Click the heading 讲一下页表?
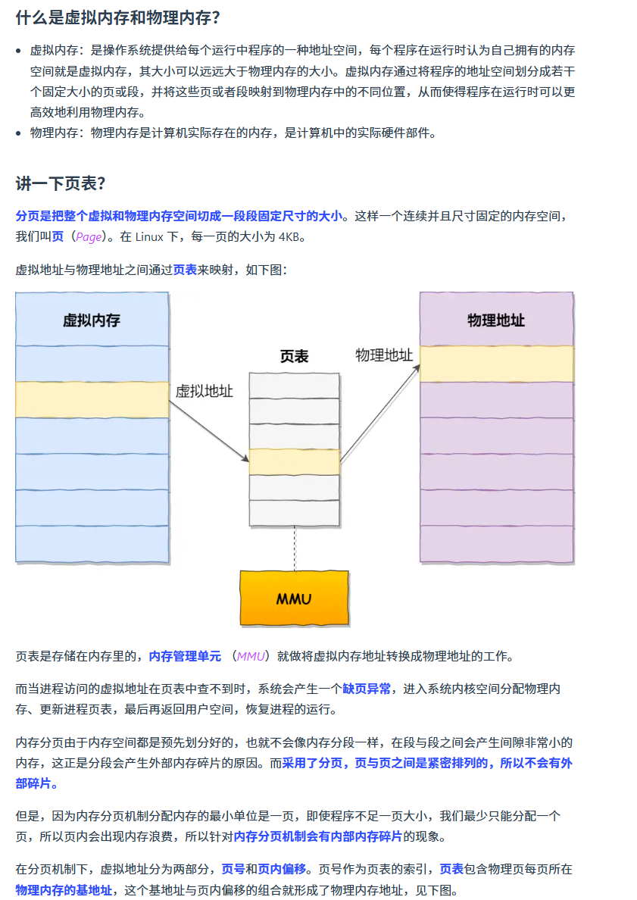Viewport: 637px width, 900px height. click(x=60, y=183)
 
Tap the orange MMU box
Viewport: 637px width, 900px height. click(x=294, y=598)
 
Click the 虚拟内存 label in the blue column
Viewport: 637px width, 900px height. click(x=92, y=320)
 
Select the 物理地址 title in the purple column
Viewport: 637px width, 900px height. click(x=496, y=320)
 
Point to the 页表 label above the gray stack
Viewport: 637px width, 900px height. click(x=294, y=356)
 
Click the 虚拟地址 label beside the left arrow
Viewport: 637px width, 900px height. click(x=204, y=392)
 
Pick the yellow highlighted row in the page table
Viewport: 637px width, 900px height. click(x=294, y=461)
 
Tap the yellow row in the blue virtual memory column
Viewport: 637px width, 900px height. click(x=92, y=399)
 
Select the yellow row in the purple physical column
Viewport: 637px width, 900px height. click(x=496, y=364)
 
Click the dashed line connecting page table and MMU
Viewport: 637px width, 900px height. click(x=294, y=548)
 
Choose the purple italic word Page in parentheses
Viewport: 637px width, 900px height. click(x=88, y=237)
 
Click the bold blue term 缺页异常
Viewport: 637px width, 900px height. click(x=367, y=689)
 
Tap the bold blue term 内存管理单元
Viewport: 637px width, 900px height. click(x=185, y=656)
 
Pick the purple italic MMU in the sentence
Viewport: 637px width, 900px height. click(x=251, y=656)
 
